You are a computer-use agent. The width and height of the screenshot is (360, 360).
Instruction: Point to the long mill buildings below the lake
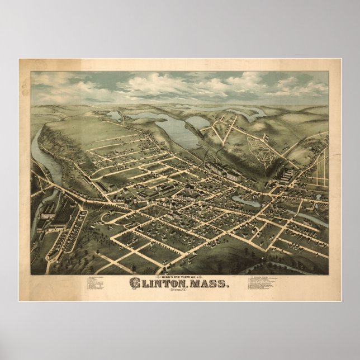click(221, 168)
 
